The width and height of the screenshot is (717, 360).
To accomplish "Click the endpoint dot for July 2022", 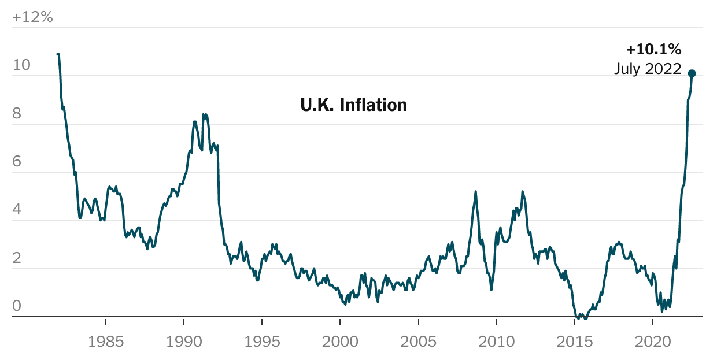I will coord(692,73).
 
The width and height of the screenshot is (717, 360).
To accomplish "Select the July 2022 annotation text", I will coord(647,69).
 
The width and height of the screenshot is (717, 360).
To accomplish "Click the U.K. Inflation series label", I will coord(353,105).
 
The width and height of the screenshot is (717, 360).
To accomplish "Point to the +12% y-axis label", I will coord(32,17).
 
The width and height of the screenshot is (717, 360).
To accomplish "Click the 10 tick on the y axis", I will coord(21,65).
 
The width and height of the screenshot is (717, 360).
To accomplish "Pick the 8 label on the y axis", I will coord(17,114).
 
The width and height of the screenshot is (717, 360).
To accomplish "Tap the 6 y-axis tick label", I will coord(17,162).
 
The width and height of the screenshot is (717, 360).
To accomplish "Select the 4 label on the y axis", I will coord(17,210).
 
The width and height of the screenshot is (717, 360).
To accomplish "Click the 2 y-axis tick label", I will coord(17,258).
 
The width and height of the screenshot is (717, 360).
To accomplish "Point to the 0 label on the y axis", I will coord(17,306).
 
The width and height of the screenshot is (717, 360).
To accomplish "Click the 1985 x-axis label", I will coord(106,342).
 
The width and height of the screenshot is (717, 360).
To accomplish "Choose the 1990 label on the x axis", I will coord(184,342).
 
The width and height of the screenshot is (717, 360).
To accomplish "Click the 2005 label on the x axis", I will coord(418,342).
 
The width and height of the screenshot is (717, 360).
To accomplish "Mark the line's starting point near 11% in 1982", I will coord(58,54).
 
